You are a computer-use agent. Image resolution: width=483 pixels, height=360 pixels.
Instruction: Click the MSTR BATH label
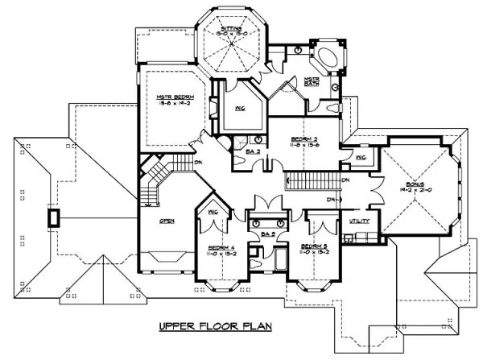[312, 81]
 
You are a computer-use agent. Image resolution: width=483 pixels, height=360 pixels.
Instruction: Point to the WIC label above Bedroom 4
[213, 212]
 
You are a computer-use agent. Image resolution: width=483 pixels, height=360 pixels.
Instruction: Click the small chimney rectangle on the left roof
[53, 217]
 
